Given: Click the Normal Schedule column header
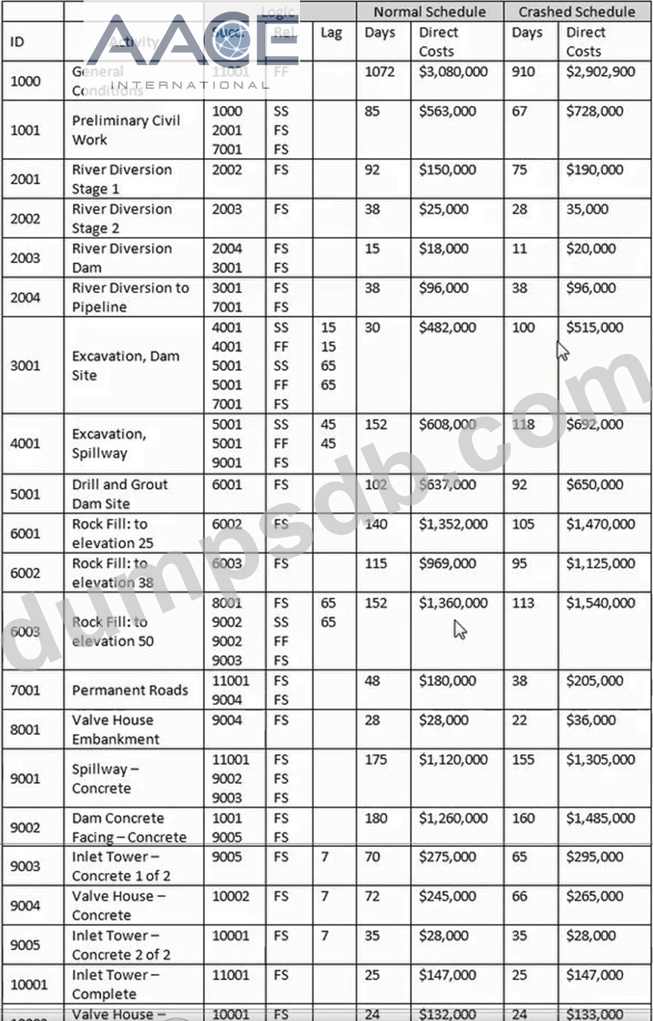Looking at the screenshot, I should pyautogui.click(x=430, y=12).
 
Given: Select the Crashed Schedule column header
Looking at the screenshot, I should pyautogui.click(x=577, y=12).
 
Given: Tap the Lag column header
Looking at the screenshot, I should pyautogui.click(x=331, y=33).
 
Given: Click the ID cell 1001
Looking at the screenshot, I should pyautogui.click(x=25, y=130).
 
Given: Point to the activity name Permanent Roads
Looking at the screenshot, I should pyautogui.click(x=130, y=690).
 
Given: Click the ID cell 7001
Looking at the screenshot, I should pyautogui.click(x=25, y=690).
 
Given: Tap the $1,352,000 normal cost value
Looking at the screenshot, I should pyautogui.click(x=453, y=524).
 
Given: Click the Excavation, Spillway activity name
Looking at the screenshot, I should pyautogui.click(x=109, y=443).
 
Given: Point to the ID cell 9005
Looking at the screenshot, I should pyautogui.click(x=25, y=944).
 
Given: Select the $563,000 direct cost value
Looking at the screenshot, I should pyautogui.click(x=447, y=111).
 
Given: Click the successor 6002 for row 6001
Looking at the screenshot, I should pyautogui.click(x=227, y=524).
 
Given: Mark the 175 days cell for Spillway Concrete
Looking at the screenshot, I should pyautogui.click(x=376, y=759).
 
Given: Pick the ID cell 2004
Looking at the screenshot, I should pyautogui.click(x=25, y=297).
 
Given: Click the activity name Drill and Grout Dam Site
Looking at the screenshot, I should pyautogui.click(x=120, y=494).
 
